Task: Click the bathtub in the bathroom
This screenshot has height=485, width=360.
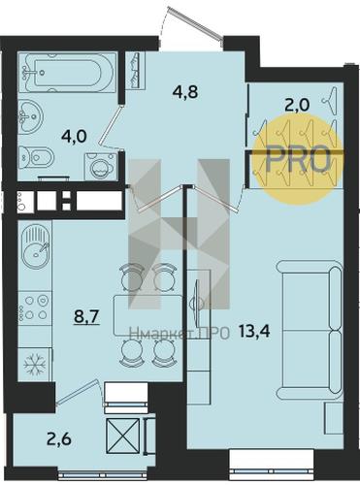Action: click(x=67, y=73)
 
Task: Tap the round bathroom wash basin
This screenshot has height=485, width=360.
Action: click(x=30, y=116)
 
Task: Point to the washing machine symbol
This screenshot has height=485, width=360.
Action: click(x=101, y=166)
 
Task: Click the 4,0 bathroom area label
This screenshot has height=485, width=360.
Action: click(x=74, y=137)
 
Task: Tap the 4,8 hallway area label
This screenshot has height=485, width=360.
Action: click(x=185, y=92)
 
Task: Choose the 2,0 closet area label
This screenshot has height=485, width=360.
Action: click(x=297, y=105)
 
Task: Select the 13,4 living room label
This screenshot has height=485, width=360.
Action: click(x=254, y=331)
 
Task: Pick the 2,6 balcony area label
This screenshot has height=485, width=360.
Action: click(x=59, y=440)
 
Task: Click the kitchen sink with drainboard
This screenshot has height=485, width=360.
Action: click(x=35, y=246)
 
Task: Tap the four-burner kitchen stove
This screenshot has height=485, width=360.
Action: click(x=35, y=307)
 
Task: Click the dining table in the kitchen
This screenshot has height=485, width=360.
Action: click(x=147, y=315)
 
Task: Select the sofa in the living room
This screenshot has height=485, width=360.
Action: click(x=309, y=331)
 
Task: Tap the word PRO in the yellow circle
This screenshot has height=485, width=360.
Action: click(x=298, y=159)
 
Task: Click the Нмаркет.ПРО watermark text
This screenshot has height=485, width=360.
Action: click(x=180, y=333)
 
